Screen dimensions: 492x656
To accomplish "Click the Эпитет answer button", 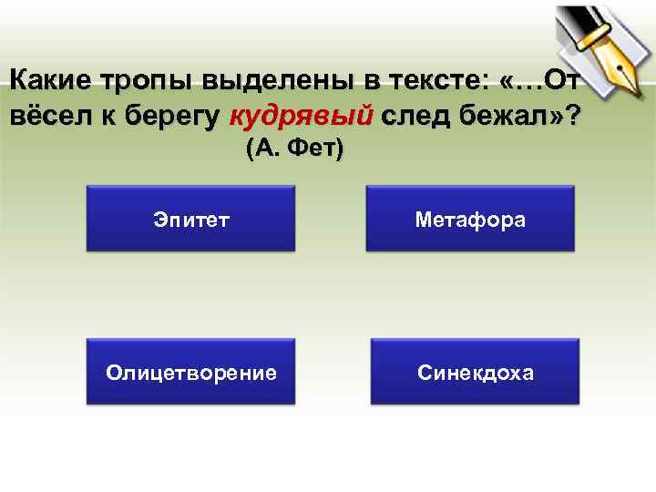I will (190, 219).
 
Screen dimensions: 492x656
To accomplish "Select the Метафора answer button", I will (470, 219).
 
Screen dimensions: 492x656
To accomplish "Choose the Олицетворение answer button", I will (190, 372).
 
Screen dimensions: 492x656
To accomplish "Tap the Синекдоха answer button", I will (476, 372).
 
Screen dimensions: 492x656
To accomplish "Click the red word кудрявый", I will (302, 117).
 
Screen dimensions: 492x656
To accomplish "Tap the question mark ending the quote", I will (571, 117).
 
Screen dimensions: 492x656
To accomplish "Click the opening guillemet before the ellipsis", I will (508, 82).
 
